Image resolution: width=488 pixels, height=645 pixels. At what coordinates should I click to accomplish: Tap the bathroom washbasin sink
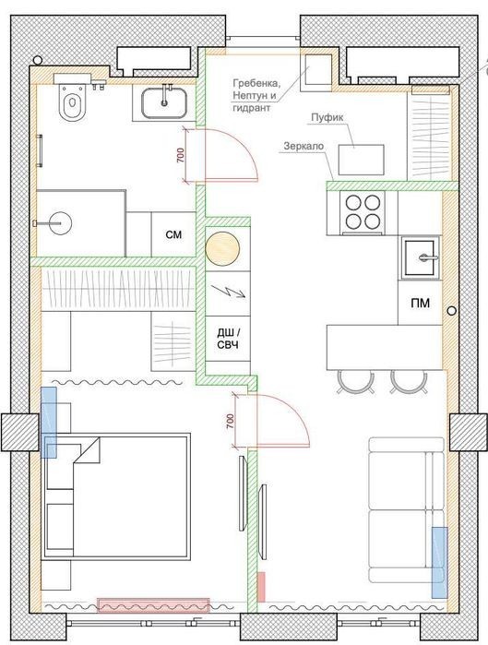coord(164,102)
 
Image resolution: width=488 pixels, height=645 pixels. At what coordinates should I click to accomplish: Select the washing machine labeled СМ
coord(173,234)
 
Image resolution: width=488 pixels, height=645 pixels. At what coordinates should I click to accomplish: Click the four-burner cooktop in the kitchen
coord(363,212)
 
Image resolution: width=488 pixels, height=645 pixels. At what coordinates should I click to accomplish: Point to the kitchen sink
coord(420,257)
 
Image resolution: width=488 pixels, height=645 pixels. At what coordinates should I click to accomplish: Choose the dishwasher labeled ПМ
coord(420,304)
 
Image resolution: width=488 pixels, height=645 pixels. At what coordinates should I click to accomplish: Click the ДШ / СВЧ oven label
coord(228,339)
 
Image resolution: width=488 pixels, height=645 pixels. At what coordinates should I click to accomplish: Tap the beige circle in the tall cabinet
coord(222,249)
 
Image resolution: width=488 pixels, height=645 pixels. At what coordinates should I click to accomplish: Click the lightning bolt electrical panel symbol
coord(227,293)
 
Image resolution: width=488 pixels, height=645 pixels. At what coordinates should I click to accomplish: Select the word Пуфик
coord(327,117)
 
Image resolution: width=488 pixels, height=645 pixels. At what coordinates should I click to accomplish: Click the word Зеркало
coord(304,146)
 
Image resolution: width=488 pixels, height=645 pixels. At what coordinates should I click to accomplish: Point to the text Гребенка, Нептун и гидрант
coord(256,95)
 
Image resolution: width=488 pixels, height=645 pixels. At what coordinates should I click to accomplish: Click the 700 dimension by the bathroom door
coord(181,155)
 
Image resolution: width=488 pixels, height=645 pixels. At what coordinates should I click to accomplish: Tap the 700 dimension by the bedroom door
coord(230,421)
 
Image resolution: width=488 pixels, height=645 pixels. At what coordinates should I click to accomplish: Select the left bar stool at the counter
coord(355,382)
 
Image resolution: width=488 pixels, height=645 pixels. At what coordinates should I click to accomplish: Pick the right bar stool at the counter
coord(409,381)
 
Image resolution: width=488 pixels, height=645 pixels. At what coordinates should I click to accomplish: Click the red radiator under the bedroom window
coord(153,605)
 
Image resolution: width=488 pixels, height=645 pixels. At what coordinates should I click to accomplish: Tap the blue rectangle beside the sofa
coord(439,562)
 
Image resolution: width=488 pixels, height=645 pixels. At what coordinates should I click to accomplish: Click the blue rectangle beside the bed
coord(49,423)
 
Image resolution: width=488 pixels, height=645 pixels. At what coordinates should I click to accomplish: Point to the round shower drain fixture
coord(61,222)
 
